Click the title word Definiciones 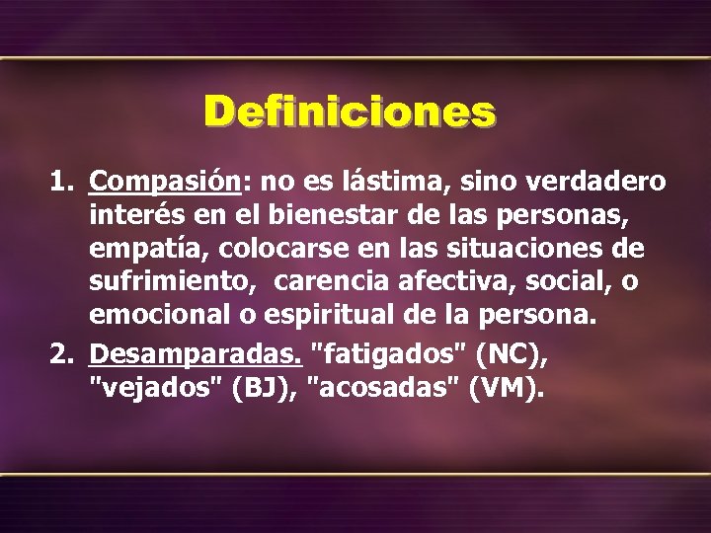tap(350, 112)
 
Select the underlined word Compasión tap(164, 184)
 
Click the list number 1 tap(61, 184)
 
